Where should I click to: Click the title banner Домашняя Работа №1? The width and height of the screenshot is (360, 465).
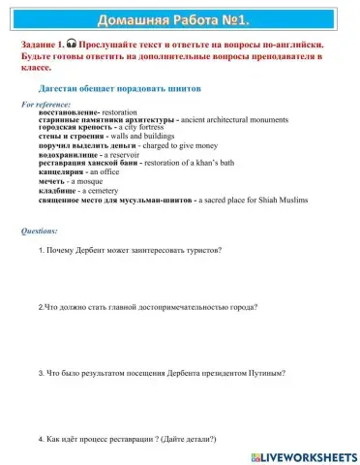coord(179,20)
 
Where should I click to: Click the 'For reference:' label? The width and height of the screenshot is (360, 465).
coord(46,104)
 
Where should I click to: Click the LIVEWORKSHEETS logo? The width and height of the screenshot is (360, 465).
coord(304,454)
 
